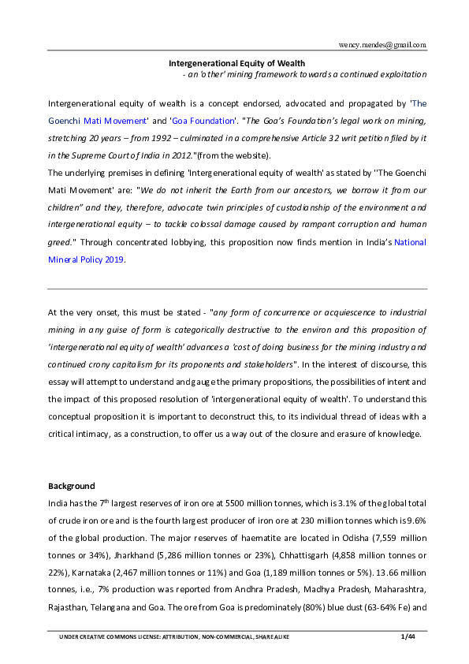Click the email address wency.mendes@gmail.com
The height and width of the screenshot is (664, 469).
[382, 45]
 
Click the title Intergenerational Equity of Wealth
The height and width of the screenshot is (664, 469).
[237, 62]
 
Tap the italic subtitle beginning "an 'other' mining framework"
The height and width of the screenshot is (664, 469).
[304, 74]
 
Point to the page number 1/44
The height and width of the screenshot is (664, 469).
[408, 636]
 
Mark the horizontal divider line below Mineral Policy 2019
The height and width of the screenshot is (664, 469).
[237, 289]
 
